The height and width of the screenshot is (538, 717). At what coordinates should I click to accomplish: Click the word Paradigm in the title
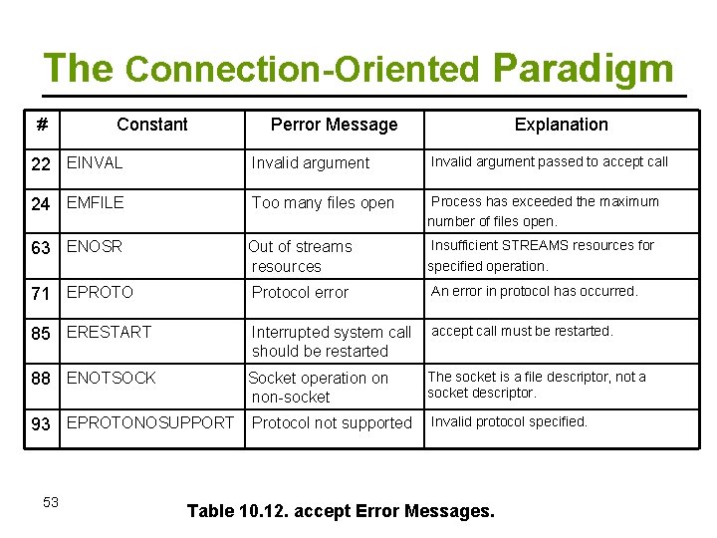[583, 68]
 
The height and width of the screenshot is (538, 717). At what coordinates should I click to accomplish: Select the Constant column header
[151, 125]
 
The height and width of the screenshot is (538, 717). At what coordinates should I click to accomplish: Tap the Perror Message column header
[334, 125]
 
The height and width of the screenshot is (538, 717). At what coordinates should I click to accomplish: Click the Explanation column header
[561, 125]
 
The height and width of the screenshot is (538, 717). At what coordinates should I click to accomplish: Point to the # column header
[42, 125]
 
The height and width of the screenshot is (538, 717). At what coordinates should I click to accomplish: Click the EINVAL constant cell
[95, 162]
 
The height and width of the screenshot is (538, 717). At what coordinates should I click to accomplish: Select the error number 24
[41, 203]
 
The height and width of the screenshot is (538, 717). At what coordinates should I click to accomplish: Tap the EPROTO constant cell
[100, 292]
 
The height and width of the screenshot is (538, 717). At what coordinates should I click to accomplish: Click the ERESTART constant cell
[109, 332]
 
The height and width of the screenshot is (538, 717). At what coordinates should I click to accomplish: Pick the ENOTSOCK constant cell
[111, 378]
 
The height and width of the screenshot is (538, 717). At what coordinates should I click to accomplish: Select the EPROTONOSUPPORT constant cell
[149, 423]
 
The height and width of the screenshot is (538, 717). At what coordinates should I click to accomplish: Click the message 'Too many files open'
[323, 203]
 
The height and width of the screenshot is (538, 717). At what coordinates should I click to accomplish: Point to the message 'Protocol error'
[300, 292]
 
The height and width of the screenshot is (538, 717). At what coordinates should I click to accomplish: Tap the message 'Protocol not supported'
[332, 423]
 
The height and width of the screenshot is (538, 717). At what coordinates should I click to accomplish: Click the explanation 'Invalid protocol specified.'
[509, 421]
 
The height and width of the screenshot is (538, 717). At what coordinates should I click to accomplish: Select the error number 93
[41, 424]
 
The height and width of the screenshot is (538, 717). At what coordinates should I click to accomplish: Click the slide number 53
[51, 502]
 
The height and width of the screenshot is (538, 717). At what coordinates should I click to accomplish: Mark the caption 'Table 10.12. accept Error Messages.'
[341, 511]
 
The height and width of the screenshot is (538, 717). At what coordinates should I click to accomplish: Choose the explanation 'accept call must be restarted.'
[522, 331]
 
